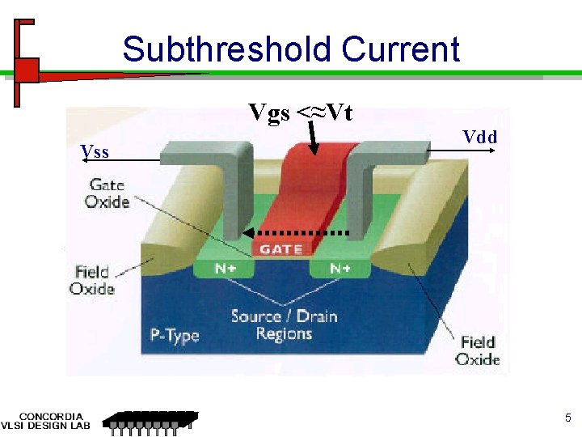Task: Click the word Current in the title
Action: coord(400,50)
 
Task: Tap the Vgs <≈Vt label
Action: coord(300,112)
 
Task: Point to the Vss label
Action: coord(95,151)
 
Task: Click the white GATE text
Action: coord(280,249)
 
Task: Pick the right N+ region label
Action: coord(339,268)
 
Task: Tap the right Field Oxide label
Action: coord(478,350)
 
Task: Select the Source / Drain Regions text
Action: coord(283,325)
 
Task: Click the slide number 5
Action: coord(567,418)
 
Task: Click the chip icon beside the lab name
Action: coord(152,421)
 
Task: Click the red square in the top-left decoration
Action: coord(27,70)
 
